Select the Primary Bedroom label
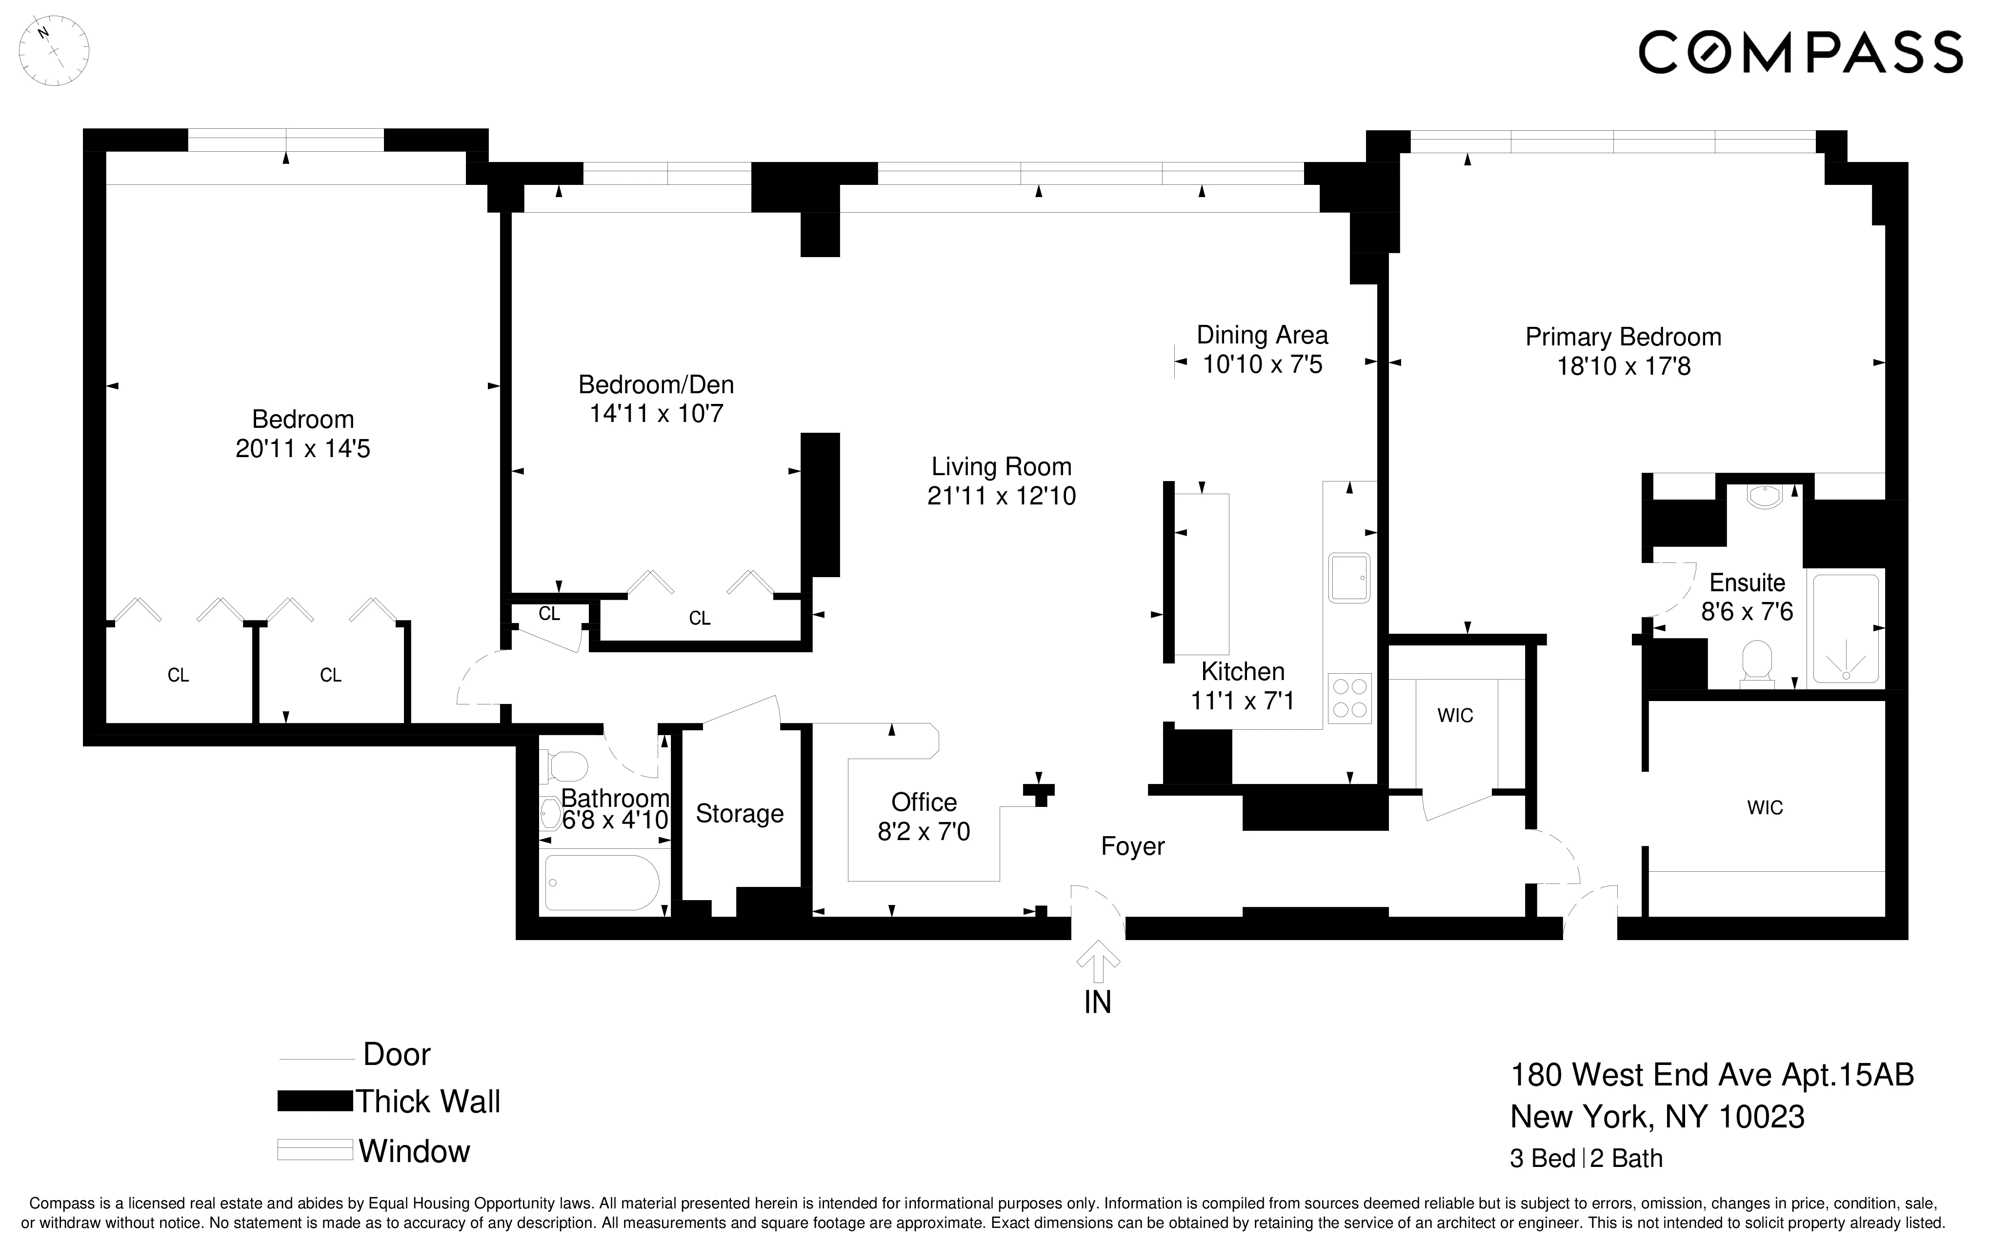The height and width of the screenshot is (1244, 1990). point(1622,337)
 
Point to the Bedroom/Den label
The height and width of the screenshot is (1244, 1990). point(656,384)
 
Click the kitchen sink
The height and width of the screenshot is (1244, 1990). point(1348,578)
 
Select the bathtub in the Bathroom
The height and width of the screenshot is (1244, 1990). point(602,883)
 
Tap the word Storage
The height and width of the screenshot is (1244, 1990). point(739,814)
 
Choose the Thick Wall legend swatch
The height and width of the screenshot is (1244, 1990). point(314,1101)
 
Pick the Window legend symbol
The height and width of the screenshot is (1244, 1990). point(314,1149)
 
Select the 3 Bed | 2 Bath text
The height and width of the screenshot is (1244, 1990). point(1585,1159)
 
